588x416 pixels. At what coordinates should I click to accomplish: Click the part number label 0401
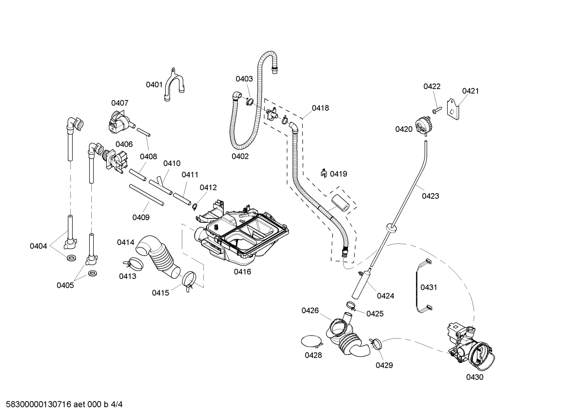click(x=154, y=85)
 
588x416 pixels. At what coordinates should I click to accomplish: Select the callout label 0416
click(x=242, y=271)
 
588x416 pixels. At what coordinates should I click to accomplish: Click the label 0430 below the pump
click(x=475, y=377)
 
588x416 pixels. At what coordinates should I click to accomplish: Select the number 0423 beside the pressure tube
click(x=430, y=196)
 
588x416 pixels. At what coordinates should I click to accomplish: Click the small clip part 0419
click(x=324, y=173)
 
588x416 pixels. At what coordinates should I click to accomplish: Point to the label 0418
click(x=320, y=108)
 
